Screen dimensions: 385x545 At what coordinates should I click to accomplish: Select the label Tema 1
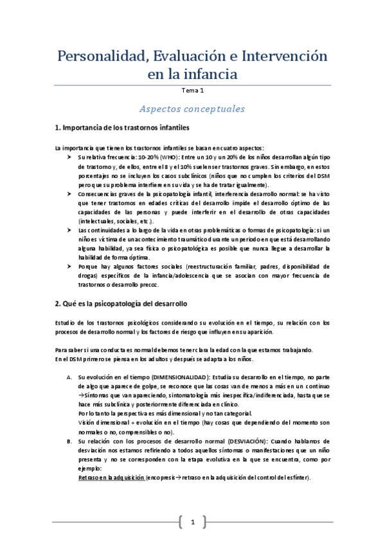(193, 91)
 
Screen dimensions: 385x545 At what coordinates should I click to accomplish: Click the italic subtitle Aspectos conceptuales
(193, 109)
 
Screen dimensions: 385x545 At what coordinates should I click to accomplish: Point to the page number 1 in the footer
(192, 521)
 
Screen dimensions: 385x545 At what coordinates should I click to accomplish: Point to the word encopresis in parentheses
(166, 478)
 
